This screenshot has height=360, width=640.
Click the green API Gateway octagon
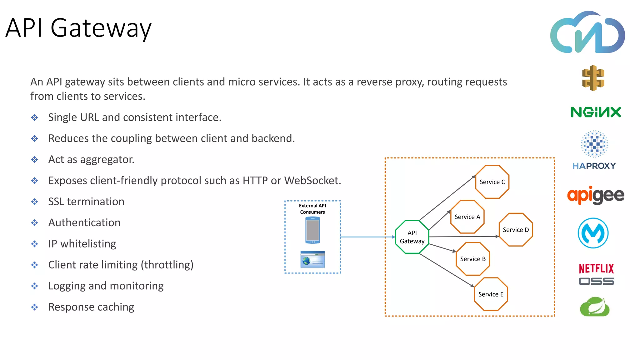pos(412,237)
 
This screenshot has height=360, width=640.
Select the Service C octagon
pos(492,182)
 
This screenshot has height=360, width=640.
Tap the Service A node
pos(467,217)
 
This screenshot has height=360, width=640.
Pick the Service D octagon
pos(516,230)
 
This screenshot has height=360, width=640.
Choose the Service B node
pos(473,259)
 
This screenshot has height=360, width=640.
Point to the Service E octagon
pos(491,294)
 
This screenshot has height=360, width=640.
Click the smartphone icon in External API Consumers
pos(312,230)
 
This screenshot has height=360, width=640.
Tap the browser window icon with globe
pos(312,259)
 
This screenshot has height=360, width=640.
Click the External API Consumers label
pos(312,209)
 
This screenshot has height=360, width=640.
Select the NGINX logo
pos(596,112)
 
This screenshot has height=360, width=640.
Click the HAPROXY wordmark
pos(594,166)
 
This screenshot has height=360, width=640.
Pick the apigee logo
pos(596,195)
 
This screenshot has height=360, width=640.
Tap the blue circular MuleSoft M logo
pos(593,233)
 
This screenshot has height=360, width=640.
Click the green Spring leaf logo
pos(595,307)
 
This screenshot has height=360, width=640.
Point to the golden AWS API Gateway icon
pos(593,78)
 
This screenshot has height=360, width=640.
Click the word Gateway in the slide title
pos(101,28)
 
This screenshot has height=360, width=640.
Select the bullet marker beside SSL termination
pos(34,202)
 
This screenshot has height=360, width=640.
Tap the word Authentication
pos(84,223)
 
